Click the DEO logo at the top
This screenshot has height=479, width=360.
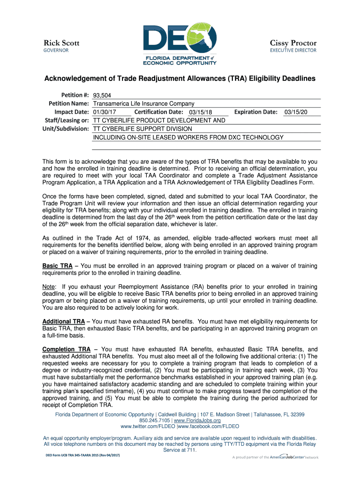[180, 43]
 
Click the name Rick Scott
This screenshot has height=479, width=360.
[61, 43]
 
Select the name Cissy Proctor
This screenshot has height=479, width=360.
[293, 43]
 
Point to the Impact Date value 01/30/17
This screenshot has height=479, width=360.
[105, 112]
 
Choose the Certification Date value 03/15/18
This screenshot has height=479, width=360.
[201, 112]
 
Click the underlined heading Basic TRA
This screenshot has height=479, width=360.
[57, 266]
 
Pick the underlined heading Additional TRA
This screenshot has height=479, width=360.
[64, 322]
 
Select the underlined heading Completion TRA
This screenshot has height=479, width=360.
[66, 349]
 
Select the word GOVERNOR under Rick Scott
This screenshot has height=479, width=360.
[56, 50]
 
